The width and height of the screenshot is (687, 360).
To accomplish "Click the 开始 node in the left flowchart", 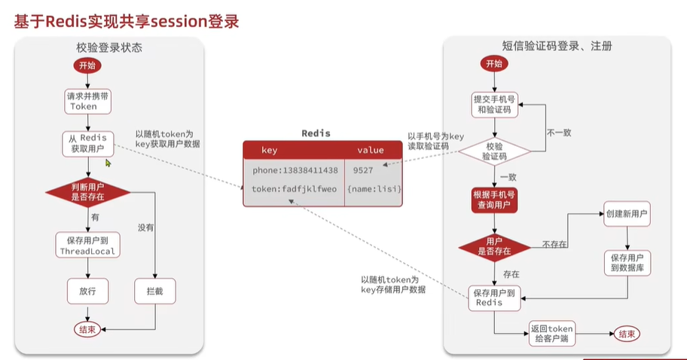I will [84, 65].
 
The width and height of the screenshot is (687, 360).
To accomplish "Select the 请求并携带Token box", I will [84, 101].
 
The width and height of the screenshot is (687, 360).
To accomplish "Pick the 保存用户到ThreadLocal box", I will [87, 246].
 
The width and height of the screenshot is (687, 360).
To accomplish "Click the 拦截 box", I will [154, 291].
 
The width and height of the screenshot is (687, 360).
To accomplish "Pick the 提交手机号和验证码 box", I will [494, 104].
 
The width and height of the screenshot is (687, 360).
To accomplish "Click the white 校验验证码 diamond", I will [493, 151].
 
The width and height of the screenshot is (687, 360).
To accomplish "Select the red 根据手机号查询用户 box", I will [494, 200].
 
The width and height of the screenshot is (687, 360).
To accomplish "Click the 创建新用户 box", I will [627, 214].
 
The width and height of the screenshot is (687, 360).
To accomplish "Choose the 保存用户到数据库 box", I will [627, 262].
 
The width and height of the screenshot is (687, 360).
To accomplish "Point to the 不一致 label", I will [558, 133].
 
